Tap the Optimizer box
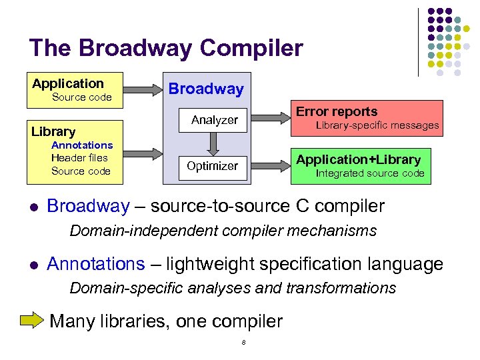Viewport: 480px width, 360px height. pos(212,166)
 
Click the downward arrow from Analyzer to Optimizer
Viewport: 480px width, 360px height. pos(213,143)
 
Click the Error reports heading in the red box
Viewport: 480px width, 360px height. pos(336,111)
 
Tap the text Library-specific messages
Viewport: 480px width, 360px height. pos(377,125)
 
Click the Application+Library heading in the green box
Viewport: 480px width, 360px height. pos(358,159)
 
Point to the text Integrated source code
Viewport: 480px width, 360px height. pos(369,173)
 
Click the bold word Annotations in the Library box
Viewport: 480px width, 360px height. pos(82,145)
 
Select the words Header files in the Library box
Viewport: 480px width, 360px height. pos(79,158)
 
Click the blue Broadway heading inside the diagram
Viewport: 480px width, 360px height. pos(206,89)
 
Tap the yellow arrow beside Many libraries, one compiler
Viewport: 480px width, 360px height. pos(31,321)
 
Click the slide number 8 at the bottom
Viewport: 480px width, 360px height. pos(244,343)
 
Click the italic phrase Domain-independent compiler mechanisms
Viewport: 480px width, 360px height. pos(223,231)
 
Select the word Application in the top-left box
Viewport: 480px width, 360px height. pos(68,83)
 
